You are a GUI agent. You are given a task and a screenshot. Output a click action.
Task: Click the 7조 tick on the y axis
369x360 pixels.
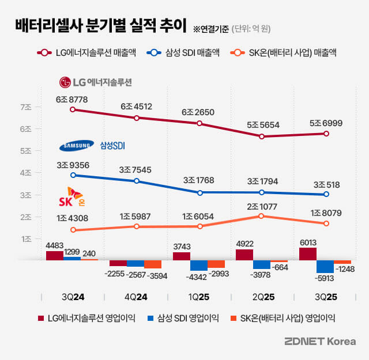[x=25, y=107]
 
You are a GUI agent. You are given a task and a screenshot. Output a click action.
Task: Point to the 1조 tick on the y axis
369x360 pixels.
[x=25, y=238]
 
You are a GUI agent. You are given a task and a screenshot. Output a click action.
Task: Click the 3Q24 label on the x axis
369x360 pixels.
[x=72, y=297]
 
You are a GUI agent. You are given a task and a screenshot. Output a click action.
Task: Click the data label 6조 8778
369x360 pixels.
[x=72, y=99]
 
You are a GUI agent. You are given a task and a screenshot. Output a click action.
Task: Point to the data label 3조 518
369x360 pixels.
[x=325, y=185]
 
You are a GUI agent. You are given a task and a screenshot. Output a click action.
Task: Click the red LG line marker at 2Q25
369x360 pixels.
[x=262, y=137]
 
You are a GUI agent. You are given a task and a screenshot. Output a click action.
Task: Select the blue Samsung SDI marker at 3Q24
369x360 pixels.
[x=73, y=175]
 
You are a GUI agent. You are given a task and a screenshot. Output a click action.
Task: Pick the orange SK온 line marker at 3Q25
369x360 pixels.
[x=326, y=223]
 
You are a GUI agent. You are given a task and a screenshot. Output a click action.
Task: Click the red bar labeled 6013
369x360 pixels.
[x=308, y=254]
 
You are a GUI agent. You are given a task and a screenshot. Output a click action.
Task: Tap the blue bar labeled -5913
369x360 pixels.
[x=325, y=266]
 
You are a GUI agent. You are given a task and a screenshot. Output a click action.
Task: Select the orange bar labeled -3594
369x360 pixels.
[x=153, y=264]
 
